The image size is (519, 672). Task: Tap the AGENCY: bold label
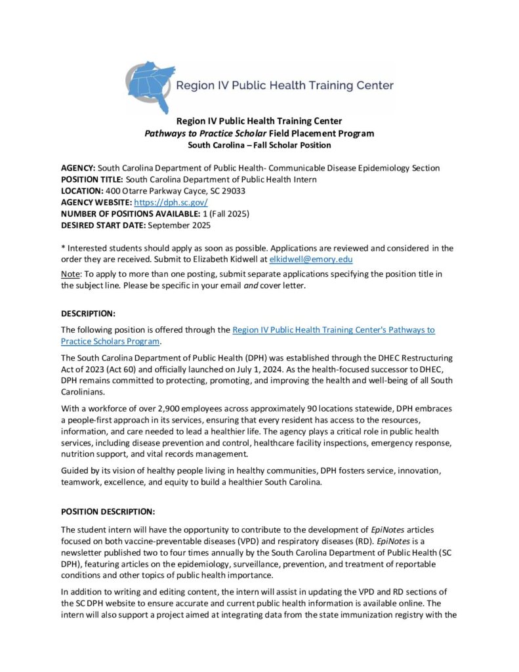(78, 168)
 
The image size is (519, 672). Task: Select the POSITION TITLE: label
(92, 179)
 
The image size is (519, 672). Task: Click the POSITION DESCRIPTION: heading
(108, 511)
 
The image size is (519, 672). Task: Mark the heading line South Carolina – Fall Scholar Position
(259, 145)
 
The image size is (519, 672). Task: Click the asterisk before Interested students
(63, 247)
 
